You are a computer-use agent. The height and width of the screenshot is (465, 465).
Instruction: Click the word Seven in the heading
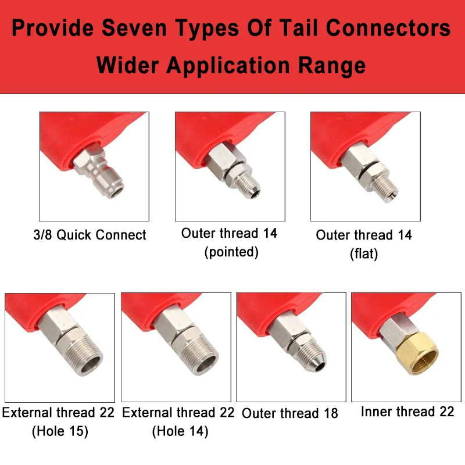tap(134, 28)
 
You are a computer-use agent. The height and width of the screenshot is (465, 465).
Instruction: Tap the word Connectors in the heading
tap(388, 28)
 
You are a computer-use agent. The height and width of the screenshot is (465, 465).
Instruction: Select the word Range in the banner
tap(332, 66)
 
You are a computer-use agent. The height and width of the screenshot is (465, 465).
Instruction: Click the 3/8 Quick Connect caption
tap(90, 235)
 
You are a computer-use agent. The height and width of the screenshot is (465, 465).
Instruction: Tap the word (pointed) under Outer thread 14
tap(231, 252)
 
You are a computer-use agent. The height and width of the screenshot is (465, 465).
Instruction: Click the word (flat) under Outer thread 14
tap(364, 254)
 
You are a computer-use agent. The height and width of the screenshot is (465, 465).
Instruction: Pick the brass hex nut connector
tap(417, 354)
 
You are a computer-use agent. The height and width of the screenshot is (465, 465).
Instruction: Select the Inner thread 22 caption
tap(407, 412)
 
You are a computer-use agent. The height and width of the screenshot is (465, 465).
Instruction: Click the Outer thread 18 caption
tap(289, 413)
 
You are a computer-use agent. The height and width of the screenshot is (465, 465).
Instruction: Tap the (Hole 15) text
tap(60, 431)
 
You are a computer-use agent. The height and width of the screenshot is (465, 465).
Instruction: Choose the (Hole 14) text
tap(180, 431)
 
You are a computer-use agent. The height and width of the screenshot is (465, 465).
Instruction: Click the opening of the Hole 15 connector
tap(91, 365)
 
